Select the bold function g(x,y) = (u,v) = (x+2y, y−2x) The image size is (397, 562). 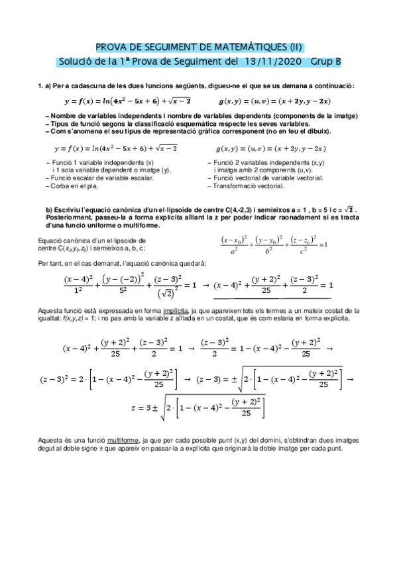[x=275, y=101]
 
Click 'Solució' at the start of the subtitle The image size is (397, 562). [x=78, y=62]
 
